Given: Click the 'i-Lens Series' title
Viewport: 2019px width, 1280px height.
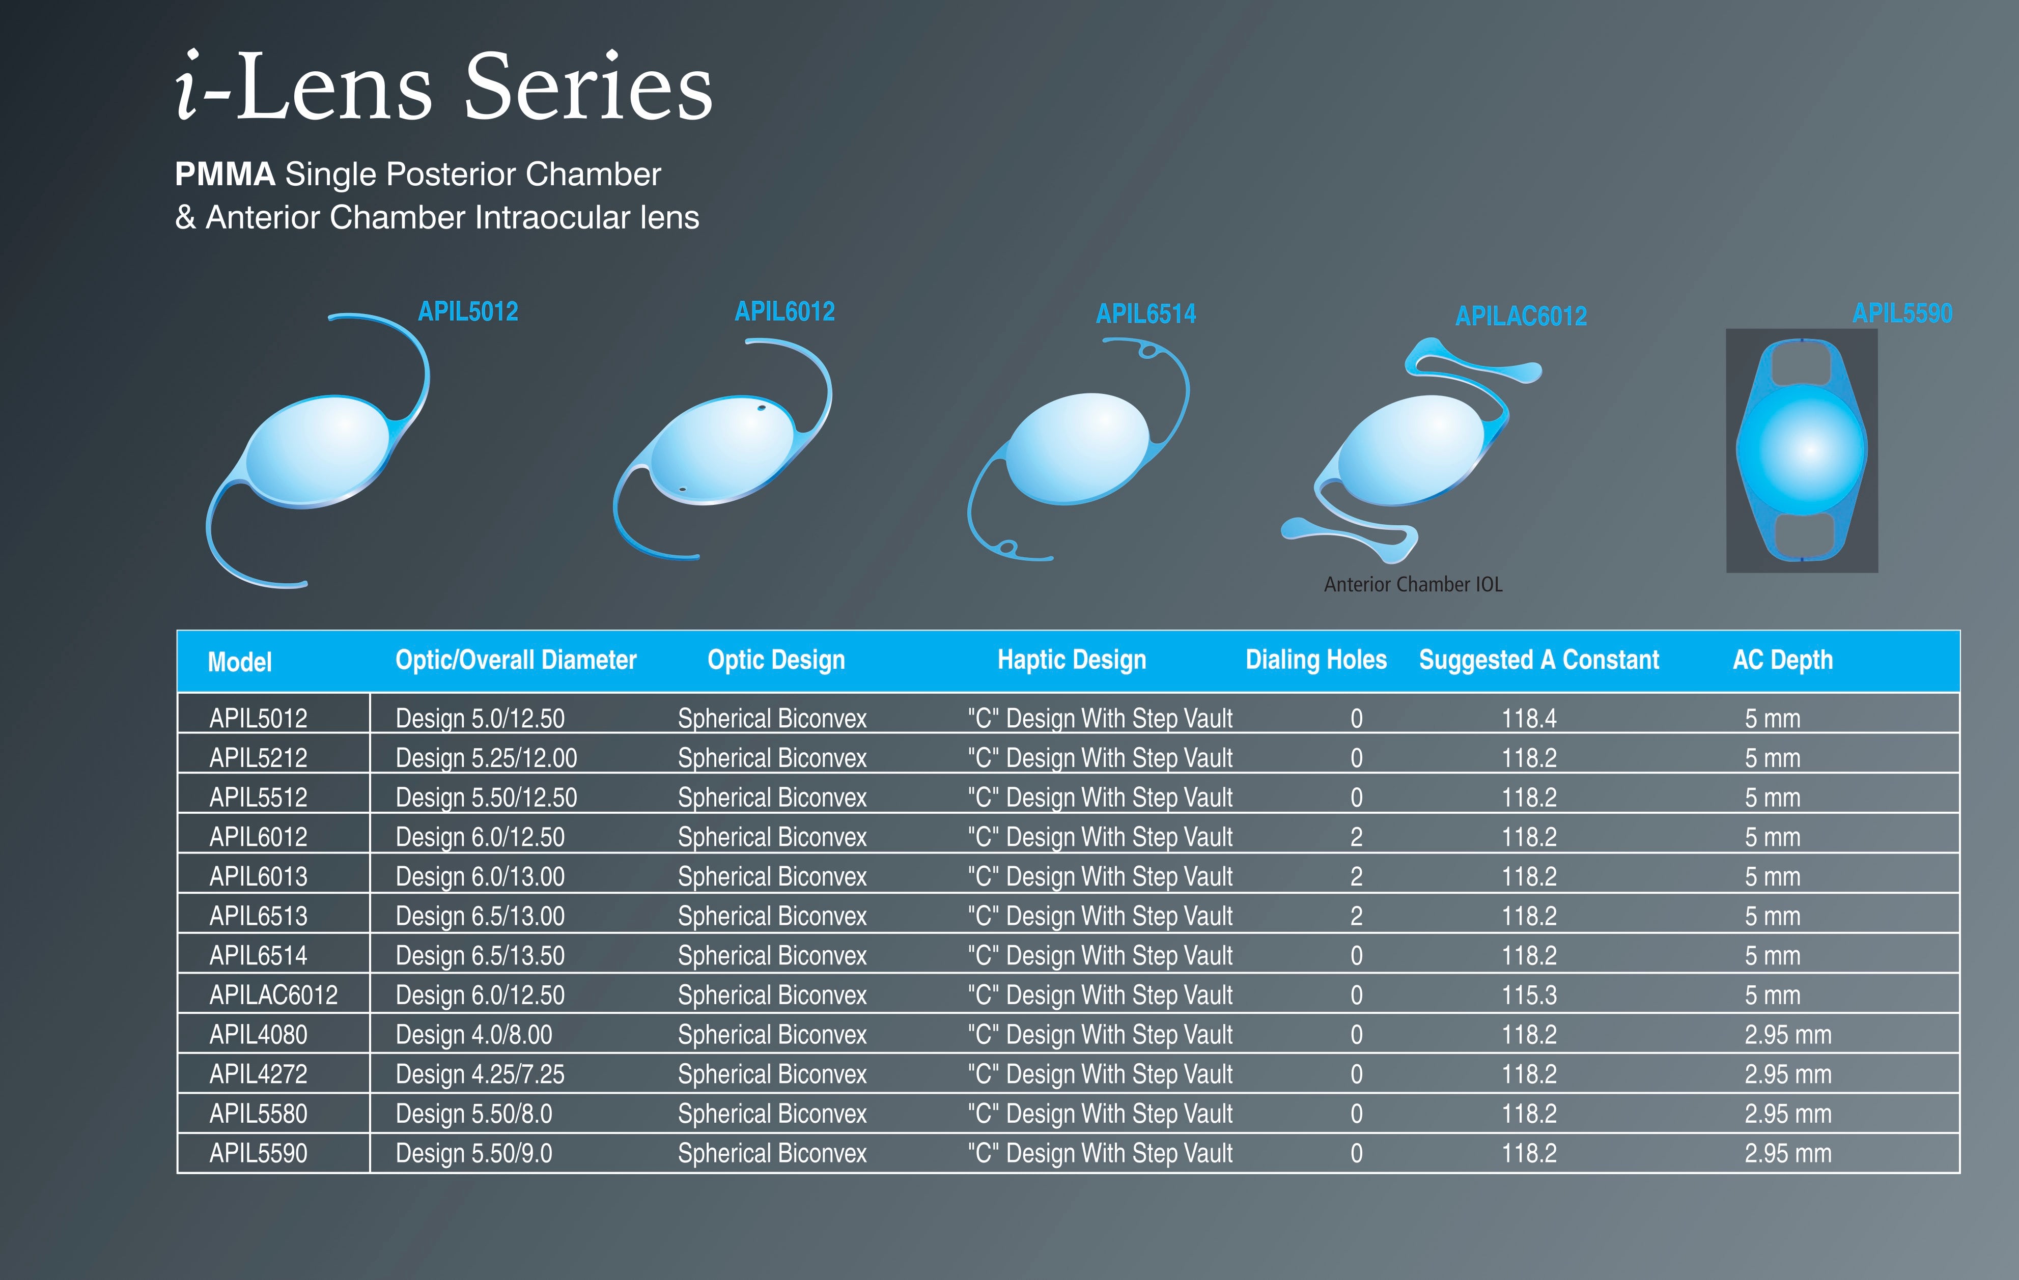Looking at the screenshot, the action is pos(444,87).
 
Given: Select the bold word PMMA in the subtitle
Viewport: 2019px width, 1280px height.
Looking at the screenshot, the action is pos(225,175).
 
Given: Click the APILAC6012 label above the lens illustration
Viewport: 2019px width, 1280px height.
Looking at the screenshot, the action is pos(1521,316).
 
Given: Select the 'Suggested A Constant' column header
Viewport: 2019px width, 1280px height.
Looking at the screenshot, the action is pos(1538,661).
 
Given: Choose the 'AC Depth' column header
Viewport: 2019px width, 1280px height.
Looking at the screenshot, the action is pos(1783,661).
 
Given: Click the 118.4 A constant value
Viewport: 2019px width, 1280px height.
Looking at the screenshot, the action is pos(1528,718).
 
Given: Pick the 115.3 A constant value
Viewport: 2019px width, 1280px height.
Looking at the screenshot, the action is pos(1528,995).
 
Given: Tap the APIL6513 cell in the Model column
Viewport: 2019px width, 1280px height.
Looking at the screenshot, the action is pos(258,916).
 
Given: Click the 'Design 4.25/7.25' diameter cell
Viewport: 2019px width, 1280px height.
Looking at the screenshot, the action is pos(480,1074).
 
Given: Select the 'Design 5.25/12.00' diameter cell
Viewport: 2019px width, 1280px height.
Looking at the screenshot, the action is pos(486,758).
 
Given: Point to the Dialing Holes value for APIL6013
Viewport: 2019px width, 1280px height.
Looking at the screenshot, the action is pos(1356,877).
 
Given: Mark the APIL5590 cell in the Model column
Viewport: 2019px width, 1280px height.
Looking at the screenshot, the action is pos(258,1153).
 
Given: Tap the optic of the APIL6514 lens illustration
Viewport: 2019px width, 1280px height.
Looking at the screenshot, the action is pos(1077,448).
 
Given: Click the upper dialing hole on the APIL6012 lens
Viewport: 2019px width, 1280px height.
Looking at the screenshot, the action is pos(761,408).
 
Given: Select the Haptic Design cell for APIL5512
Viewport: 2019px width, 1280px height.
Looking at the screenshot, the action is pos(1100,797).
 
